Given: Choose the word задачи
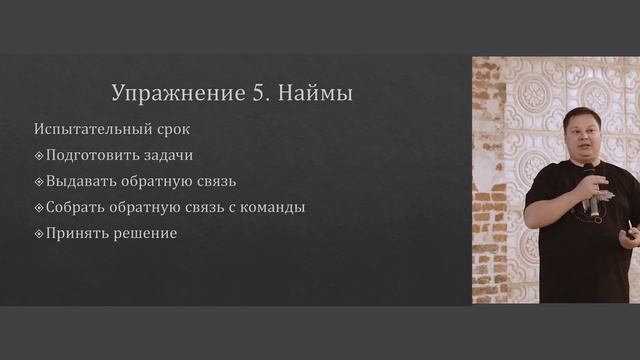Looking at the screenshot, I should [x=167, y=156].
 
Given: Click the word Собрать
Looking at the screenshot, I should [x=76, y=208].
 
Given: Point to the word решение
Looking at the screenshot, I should [x=145, y=234].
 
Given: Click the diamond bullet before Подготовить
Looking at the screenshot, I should [x=39, y=156].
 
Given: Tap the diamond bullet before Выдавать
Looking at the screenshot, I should [x=39, y=182].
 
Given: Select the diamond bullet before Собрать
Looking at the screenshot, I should [x=39, y=208].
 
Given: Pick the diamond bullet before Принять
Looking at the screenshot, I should [x=39, y=234].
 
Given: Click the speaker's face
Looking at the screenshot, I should [x=581, y=134].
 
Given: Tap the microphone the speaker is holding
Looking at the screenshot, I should [x=592, y=190].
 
